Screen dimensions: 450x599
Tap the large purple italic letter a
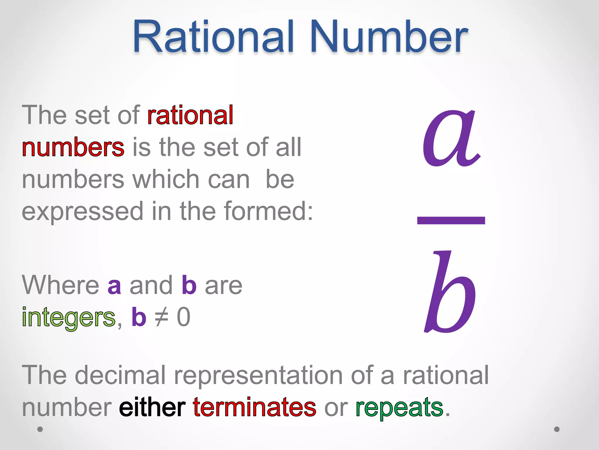tap(451, 138)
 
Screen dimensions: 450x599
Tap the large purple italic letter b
tap(451, 292)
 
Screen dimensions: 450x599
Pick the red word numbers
tap(73, 147)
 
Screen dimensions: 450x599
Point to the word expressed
tap(82, 212)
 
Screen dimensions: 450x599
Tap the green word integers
tap(69, 318)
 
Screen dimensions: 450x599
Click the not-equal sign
tap(161, 317)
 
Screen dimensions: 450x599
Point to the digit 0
tap(184, 317)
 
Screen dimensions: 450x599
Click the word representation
tap(258, 376)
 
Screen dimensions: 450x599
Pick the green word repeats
tap(400, 408)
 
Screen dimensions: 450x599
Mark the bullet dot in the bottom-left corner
tap(40, 429)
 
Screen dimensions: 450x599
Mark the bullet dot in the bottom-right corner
tap(557, 429)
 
